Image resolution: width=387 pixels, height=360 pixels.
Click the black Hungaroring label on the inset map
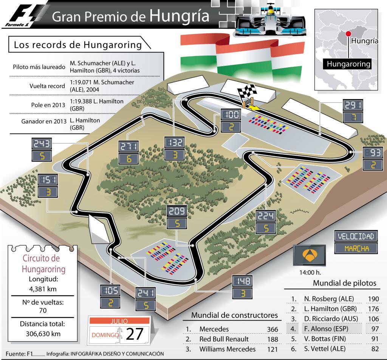pyautogui.click(x=348, y=64)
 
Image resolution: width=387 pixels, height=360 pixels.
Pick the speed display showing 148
pyautogui.click(x=243, y=281)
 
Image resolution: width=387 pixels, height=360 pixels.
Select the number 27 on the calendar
pyautogui.click(x=135, y=334)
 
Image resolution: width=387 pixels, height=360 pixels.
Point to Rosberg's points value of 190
pyautogui.click(x=373, y=299)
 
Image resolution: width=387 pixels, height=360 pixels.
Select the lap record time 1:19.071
pyautogui.click(x=82, y=82)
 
